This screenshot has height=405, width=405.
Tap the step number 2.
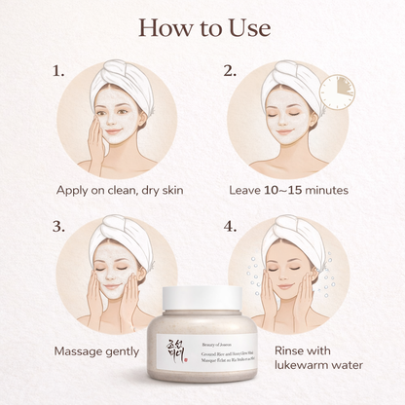click(231, 71)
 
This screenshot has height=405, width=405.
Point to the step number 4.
click(231, 227)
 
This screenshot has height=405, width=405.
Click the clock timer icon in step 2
click(337, 92)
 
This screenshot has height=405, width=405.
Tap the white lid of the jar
click(202, 297)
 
